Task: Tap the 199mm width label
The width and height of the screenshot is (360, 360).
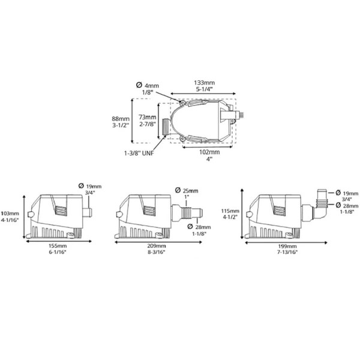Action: point(287,247)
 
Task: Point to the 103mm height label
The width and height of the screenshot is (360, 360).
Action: point(9,214)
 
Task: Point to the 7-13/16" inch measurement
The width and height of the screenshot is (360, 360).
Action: point(287,253)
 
